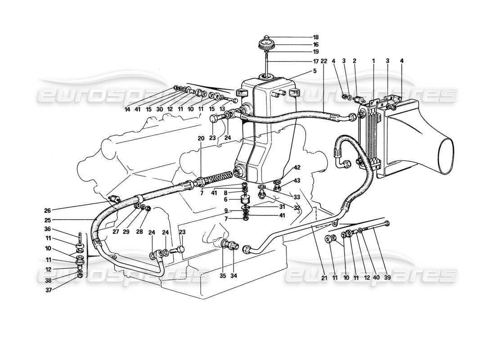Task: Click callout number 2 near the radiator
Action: click(354, 61)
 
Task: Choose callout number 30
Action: click(160, 109)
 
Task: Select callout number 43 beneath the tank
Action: click(297, 180)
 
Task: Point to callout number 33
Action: click(297, 197)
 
